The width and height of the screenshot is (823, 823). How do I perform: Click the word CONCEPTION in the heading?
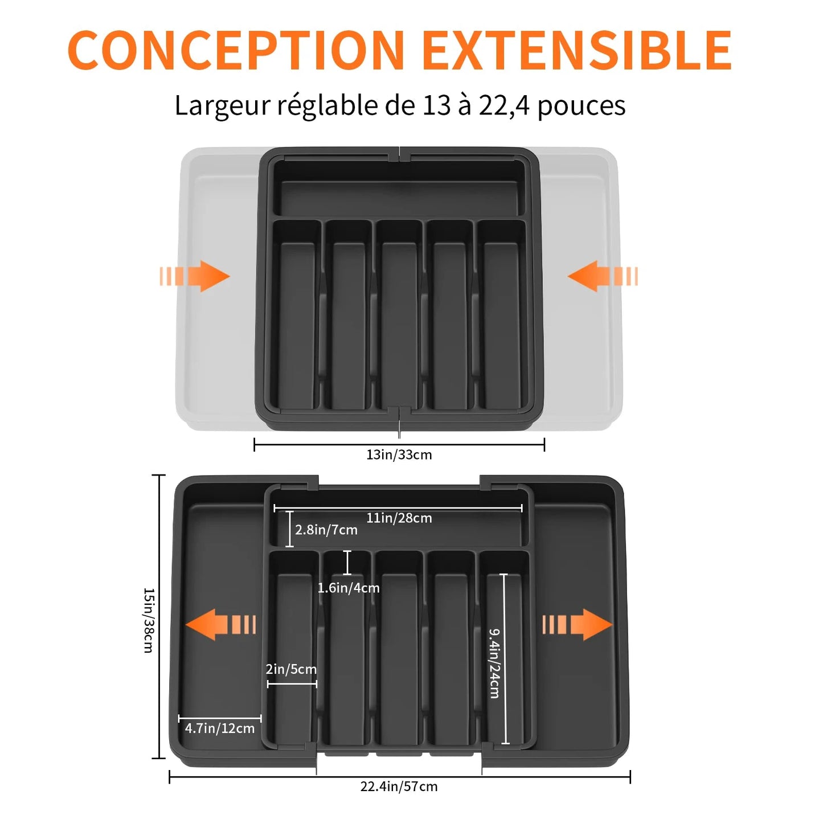tap(236, 50)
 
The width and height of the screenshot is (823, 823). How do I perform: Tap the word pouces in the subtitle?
tap(582, 106)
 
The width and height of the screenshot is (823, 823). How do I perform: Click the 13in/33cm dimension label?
tap(399, 455)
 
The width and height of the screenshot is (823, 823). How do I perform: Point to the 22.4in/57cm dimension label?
tap(399, 787)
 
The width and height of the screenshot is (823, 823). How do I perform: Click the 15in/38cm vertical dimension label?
tap(148, 621)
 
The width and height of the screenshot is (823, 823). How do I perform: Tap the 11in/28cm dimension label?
tap(399, 518)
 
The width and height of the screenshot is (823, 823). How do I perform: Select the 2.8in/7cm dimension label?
tap(326, 530)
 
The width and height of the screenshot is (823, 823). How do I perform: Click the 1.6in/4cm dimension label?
tap(348, 588)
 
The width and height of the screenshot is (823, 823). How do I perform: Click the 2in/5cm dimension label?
tap(291, 669)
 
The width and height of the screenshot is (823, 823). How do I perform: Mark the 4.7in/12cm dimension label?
tap(219, 728)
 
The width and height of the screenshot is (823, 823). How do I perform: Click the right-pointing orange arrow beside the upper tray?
tap(195, 276)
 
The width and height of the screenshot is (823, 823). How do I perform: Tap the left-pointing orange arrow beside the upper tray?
tap(603, 276)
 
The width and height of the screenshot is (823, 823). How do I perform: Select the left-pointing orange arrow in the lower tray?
tap(220, 624)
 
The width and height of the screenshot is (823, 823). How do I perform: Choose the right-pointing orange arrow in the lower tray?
tap(578, 624)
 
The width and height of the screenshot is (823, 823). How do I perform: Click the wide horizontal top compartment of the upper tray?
tap(399, 188)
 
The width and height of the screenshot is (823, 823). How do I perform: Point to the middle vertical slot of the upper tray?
tap(399, 315)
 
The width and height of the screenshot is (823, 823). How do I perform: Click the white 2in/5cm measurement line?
tap(292, 684)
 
